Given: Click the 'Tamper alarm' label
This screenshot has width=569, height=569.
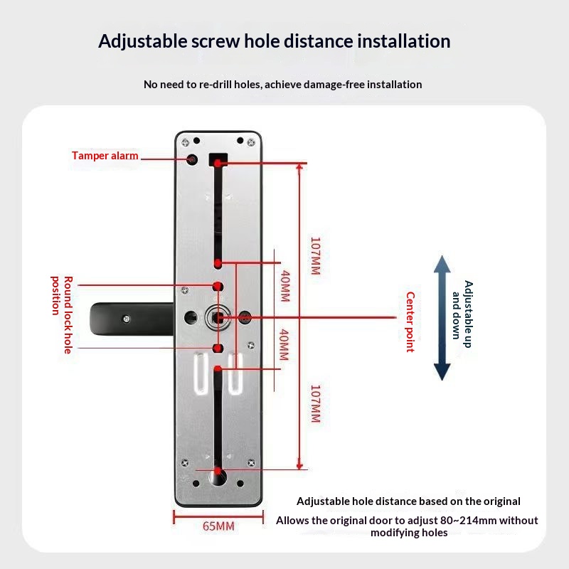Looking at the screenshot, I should (x=105, y=156).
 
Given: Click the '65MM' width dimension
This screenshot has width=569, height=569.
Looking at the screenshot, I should (x=217, y=526).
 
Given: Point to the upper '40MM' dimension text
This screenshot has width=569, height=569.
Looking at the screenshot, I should (x=284, y=285).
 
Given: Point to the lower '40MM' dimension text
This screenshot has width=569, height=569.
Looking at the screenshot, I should (x=284, y=344).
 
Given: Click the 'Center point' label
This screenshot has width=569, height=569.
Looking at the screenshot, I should (x=410, y=321).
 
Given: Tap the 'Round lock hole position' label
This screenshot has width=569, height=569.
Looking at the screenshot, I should (x=63, y=314).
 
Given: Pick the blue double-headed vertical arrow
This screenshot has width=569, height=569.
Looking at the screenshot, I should (x=442, y=318).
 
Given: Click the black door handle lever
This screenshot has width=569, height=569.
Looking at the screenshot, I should (x=121, y=317).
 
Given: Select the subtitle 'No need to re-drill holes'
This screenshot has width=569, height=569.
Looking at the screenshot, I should (x=202, y=85).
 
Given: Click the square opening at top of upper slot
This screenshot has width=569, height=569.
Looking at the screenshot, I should (x=218, y=160).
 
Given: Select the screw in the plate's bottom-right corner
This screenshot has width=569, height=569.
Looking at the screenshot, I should (x=250, y=463).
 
